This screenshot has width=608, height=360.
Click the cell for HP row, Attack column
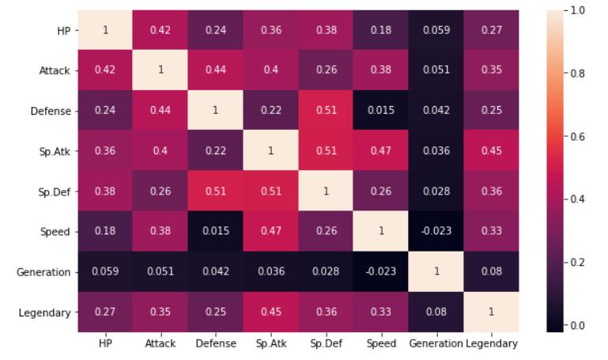point(160,30)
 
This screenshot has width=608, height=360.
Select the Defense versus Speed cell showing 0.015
point(381,111)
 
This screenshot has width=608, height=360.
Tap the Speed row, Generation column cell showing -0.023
point(436,232)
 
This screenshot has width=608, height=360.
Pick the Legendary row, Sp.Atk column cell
point(270,312)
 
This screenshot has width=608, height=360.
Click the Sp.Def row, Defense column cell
point(216,191)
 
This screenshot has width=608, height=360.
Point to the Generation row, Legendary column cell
point(491,272)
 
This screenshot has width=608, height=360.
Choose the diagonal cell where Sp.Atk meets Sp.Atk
point(270,151)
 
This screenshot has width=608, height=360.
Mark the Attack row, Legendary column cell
point(491,70)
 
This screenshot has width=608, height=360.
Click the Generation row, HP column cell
point(105,272)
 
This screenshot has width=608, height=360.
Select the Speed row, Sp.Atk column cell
point(270,232)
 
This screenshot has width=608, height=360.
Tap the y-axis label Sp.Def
point(55,191)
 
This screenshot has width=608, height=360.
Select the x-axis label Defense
point(216,343)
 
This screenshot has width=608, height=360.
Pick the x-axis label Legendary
point(491,343)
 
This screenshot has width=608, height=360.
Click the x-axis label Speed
point(381,343)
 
